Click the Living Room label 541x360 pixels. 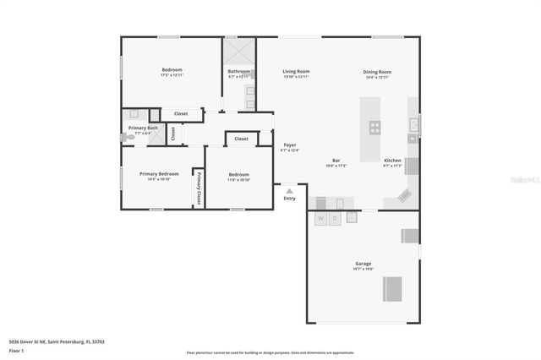296,71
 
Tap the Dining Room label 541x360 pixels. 377,71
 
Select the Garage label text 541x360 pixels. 363,264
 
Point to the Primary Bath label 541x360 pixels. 143,128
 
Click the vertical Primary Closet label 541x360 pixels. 199,187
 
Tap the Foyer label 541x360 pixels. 290,145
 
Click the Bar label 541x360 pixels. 336,160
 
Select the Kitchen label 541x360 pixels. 393,160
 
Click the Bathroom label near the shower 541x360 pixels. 239,71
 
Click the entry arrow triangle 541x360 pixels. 289,191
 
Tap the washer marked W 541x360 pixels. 320,218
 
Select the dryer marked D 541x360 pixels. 335,218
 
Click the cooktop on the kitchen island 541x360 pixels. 374,128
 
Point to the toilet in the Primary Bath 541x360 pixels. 128,136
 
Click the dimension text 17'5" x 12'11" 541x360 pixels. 172,76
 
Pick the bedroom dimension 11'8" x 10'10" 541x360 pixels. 238,179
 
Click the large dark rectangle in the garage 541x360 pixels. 393,289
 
